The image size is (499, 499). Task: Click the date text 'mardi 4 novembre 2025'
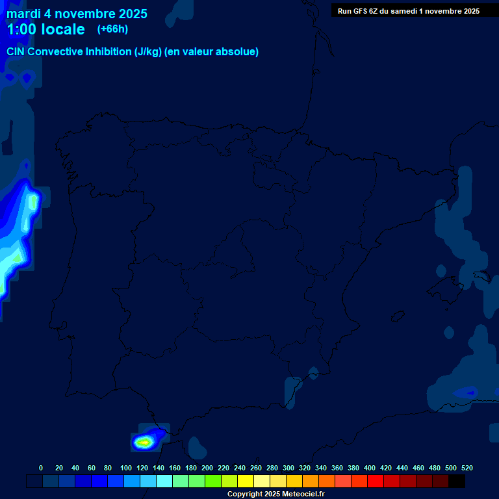[77, 14]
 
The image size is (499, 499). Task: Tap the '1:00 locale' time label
[45, 29]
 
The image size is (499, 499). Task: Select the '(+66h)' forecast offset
[112, 29]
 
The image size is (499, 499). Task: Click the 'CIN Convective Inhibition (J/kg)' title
[133, 52]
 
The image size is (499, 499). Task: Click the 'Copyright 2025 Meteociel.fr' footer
[275, 494]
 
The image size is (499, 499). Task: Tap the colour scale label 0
[41, 468]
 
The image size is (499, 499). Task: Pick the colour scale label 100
[126, 468]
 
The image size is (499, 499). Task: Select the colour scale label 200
[207, 468]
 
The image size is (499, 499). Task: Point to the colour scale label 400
[370, 468]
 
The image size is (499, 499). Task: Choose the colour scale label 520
[467, 468]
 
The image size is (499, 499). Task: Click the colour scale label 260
[256, 468]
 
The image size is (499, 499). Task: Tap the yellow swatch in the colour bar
[246, 481]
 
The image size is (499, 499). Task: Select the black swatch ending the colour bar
[457, 481]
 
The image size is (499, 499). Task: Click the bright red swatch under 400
[376, 481]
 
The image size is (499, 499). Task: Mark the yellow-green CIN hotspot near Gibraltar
[144, 442]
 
